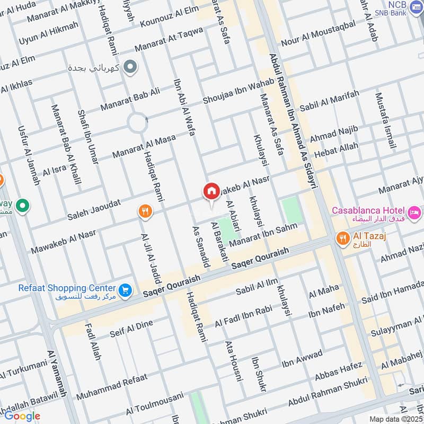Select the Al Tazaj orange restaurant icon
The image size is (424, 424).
(x=343, y=238)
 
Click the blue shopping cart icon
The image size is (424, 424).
(x=126, y=289)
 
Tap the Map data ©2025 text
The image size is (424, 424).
(x=395, y=419)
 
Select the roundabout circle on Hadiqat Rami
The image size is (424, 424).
(x=137, y=123)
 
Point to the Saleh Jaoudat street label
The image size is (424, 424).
(x=94, y=210)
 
